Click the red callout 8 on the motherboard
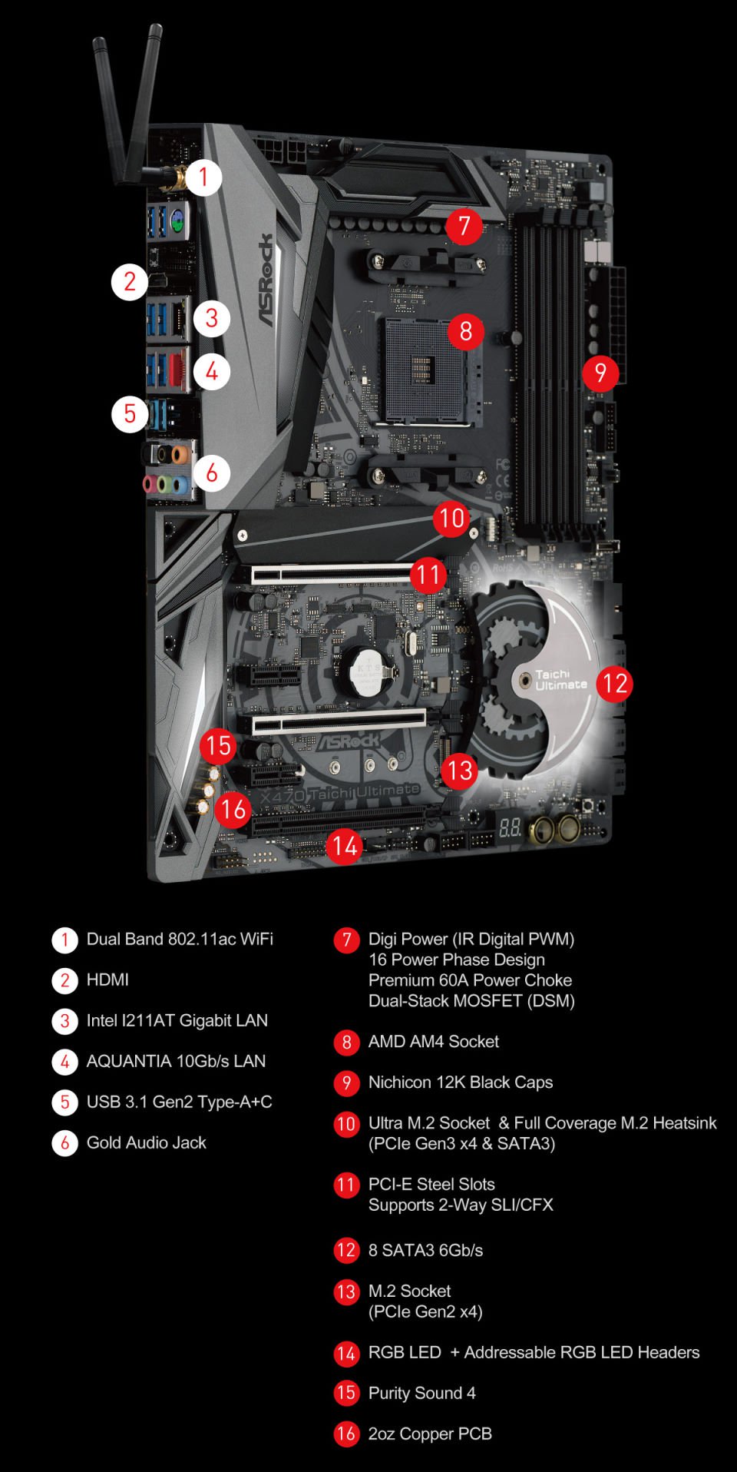pos(465,331)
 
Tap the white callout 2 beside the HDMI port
pos(130,282)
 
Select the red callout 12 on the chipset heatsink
pos(615,683)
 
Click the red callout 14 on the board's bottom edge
pos(345,847)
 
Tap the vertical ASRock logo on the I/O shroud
pos(265,280)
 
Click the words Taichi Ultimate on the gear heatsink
pos(560,679)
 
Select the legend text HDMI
pos(107,980)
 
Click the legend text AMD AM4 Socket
pos(433,1042)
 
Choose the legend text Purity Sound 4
pos(421,1393)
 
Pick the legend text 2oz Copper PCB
pos(430,1434)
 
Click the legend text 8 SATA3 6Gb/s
pos(425,1250)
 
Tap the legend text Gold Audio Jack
pos(146,1142)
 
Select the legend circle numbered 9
pos(346,1082)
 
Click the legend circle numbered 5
pos(64,1102)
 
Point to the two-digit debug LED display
pos(511,828)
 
